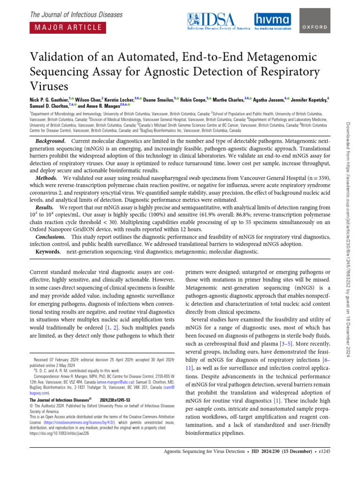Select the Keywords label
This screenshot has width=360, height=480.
(x=48, y=252)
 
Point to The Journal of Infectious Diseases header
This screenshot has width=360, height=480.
(x=76, y=15)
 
